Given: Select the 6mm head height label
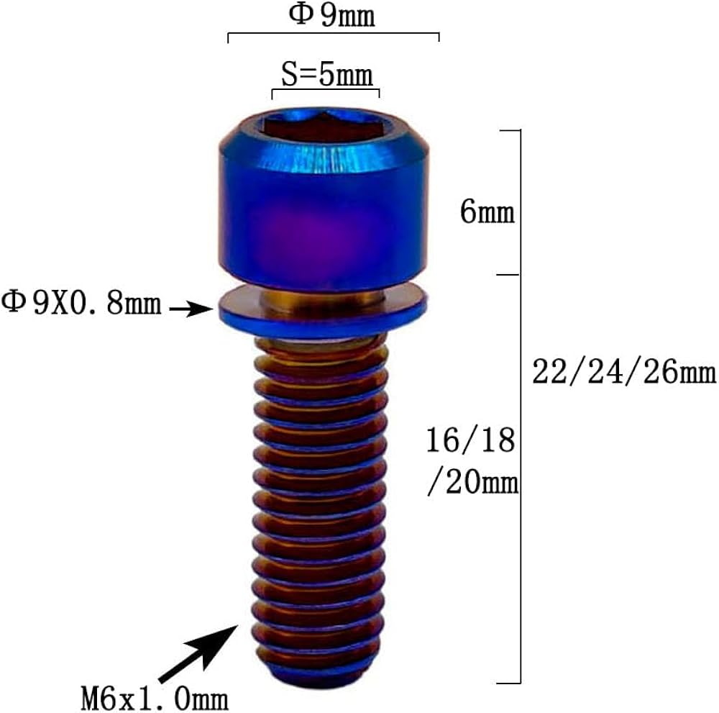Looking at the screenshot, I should [x=487, y=213].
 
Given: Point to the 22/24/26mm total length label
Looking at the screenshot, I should [x=624, y=373].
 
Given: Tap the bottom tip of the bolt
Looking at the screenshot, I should [x=322, y=673].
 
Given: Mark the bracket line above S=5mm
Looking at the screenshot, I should [x=325, y=91].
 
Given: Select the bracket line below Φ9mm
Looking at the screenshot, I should [x=333, y=34].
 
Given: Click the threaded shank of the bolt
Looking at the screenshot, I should [x=322, y=496].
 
